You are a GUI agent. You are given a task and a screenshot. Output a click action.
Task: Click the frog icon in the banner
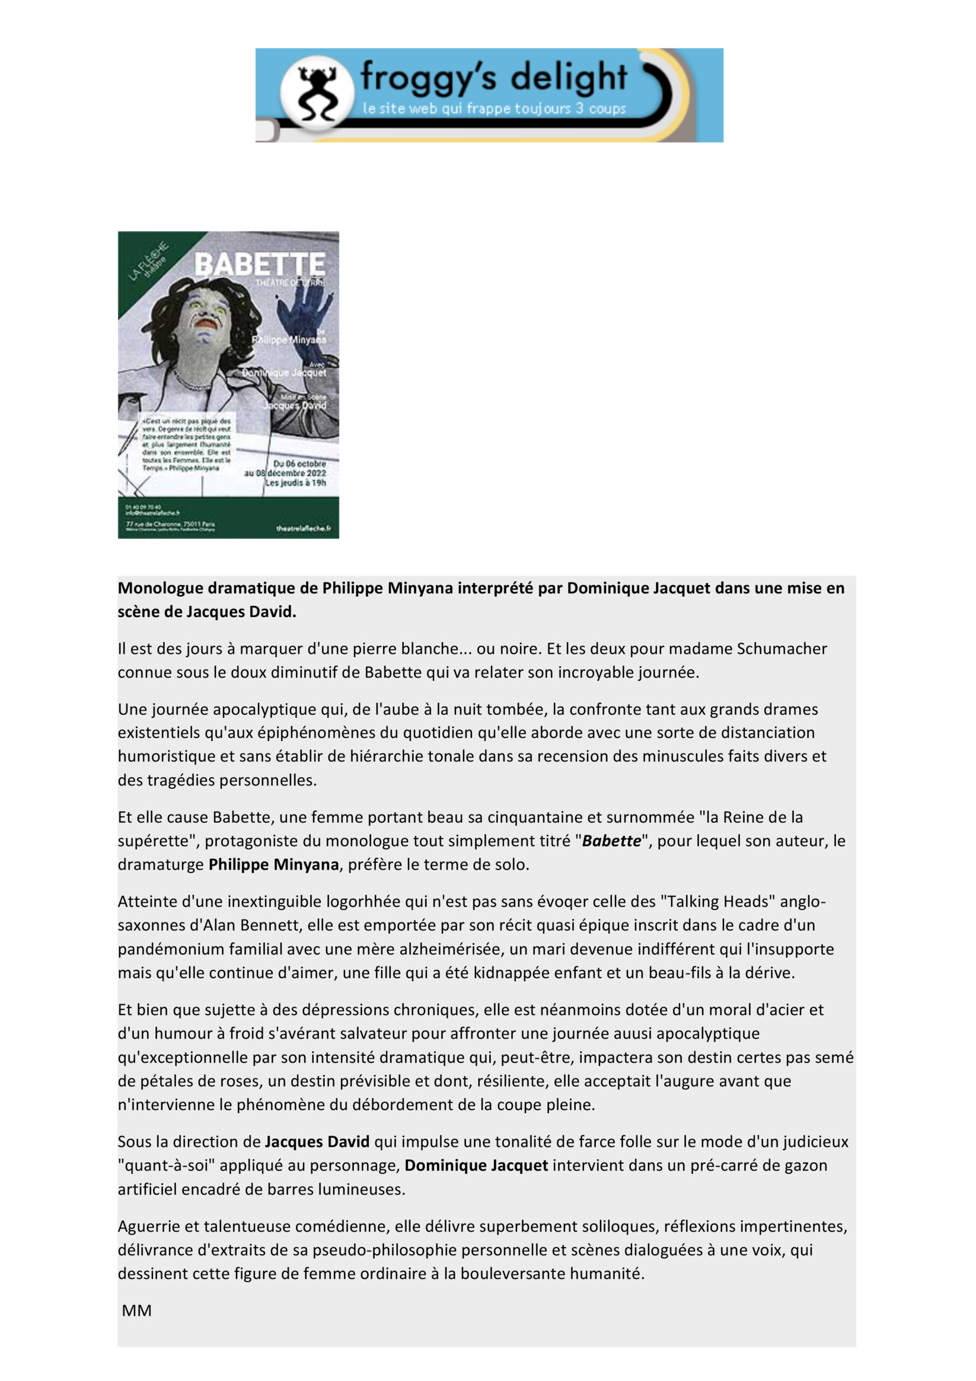tap(317, 93)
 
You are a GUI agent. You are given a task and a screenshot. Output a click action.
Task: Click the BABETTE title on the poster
tap(260, 263)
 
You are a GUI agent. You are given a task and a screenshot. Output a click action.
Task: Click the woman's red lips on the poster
tap(205, 323)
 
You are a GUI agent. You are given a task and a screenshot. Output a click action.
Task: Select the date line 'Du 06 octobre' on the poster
tap(299, 464)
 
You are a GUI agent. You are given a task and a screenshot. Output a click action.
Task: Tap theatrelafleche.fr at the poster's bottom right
tap(303, 528)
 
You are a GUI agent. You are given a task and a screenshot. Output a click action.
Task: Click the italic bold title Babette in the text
tap(611, 841)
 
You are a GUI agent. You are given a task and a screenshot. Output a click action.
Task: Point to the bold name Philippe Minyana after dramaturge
tap(273, 864)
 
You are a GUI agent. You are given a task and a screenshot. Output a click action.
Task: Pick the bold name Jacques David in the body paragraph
tap(317, 1141)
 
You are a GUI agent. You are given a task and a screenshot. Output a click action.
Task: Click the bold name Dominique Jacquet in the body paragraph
tap(476, 1165)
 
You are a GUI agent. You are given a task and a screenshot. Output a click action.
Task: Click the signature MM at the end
tap(136, 1311)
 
